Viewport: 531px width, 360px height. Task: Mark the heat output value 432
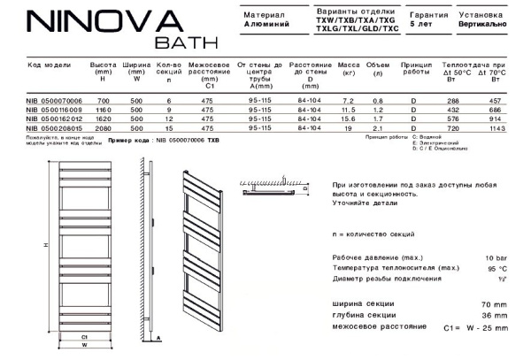[x=459, y=109]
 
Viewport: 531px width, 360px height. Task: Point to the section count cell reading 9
[x=168, y=109]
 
